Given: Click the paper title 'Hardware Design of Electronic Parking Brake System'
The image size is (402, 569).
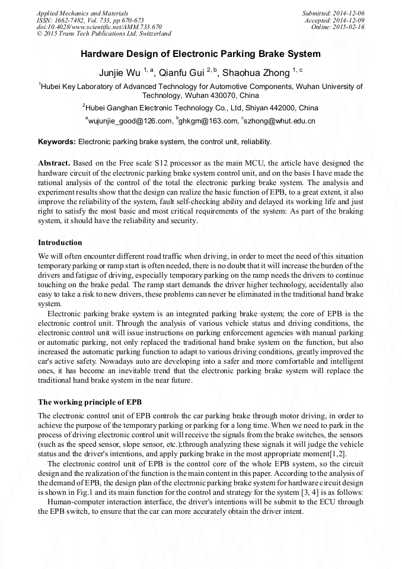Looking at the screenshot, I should (200, 54).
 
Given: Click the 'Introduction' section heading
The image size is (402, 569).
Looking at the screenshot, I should (60, 243).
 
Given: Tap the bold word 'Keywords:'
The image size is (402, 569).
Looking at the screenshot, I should (57, 142).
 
